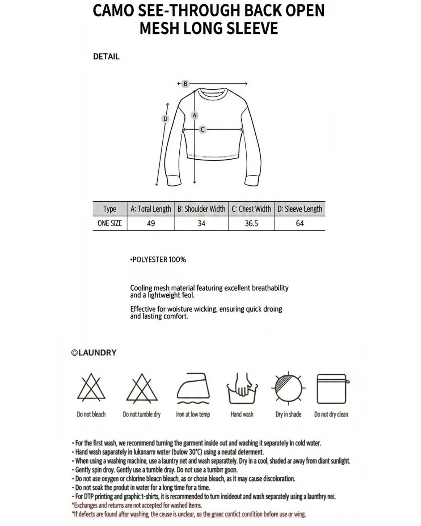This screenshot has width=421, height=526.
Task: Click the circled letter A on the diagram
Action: tap(195, 115)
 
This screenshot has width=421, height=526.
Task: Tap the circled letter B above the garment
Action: tap(185, 84)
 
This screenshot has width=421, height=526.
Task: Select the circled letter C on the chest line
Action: tap(203, 130)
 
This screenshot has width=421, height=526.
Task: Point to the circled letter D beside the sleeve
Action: tap(165, 119)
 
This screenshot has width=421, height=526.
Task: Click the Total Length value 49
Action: tap(151, 223)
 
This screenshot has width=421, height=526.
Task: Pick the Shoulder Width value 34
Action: tap(201, 223)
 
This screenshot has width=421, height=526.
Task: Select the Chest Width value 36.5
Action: tap(252, 223)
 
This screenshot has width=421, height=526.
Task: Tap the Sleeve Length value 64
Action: tap(300, 223)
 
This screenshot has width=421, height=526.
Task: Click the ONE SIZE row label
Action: tap(109, 223)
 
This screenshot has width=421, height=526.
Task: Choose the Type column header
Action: tap(110, 209)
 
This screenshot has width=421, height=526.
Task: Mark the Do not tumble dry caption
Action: tap(142, 414)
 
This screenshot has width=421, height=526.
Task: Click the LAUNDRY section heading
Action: tap(94, 353)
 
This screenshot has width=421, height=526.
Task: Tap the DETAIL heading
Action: tap(106, 57)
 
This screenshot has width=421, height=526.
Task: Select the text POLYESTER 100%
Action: tap(158, 260)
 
